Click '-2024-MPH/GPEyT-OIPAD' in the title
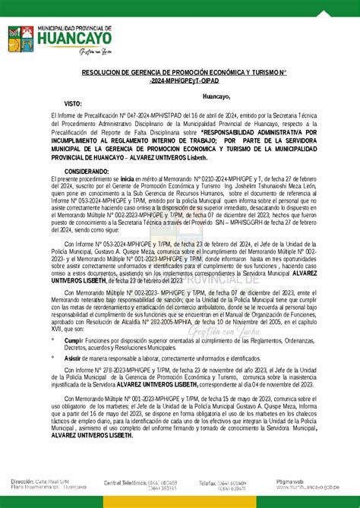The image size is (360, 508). pyautogui.click(x=179, y=80)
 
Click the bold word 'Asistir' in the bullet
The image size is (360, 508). pyautogui.click(x=74, y=356)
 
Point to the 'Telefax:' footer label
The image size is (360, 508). pyautogui.click(x=212, y=482)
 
